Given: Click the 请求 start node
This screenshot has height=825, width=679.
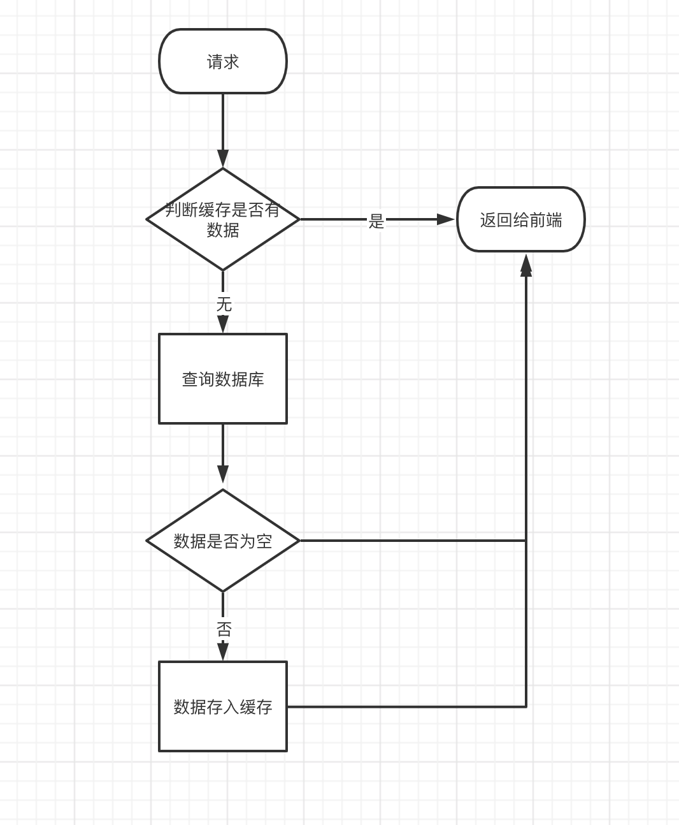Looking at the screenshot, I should (223, 61).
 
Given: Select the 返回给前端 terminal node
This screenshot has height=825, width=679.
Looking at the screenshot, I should (520, 219).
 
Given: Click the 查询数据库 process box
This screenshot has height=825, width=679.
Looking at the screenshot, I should (223, 379).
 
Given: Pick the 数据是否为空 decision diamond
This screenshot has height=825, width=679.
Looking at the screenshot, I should (223, 541).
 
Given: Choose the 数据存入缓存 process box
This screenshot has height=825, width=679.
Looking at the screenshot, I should (223, 706).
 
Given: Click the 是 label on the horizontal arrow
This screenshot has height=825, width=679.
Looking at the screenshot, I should (376, 221).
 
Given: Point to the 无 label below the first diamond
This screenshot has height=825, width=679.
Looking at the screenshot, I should (224, 304).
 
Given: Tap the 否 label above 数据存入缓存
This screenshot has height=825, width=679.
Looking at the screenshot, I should (224, 630).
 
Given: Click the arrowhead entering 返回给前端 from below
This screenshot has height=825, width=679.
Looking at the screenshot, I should (526, 264).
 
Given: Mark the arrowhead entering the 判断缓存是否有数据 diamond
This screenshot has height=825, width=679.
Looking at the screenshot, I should (223, 159).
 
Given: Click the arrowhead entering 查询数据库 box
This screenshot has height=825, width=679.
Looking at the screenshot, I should (223, 324).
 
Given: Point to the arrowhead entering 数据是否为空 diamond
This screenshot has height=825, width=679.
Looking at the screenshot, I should (223, 474).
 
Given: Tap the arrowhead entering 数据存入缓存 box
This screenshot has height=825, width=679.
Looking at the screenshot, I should (223, 651).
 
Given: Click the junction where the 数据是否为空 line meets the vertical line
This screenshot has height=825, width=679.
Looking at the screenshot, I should (526, 541).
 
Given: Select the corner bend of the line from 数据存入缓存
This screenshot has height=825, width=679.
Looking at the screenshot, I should (526, 706).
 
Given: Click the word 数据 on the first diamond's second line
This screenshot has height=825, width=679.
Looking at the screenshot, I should (223, 230).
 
